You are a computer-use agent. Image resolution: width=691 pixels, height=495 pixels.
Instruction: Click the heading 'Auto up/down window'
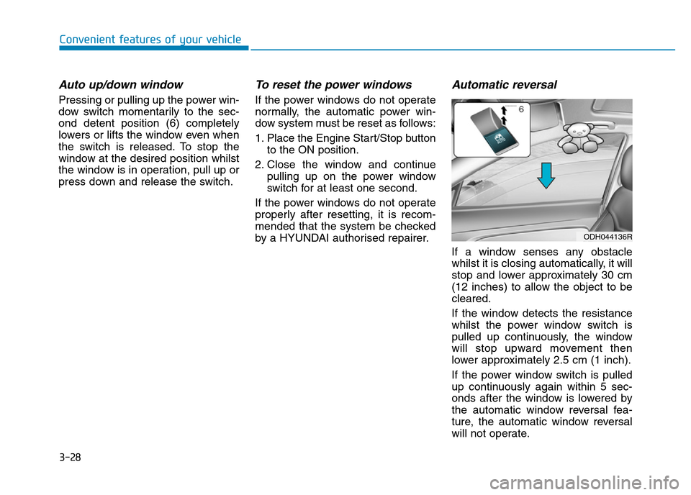(x=121, y=84)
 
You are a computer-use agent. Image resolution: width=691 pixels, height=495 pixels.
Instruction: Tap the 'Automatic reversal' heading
(x=504, y=84)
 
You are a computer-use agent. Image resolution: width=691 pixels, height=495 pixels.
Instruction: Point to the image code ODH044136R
(x=607, y=235)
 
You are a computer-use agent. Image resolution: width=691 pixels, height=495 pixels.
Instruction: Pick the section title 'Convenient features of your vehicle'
(x=150, y=40)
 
